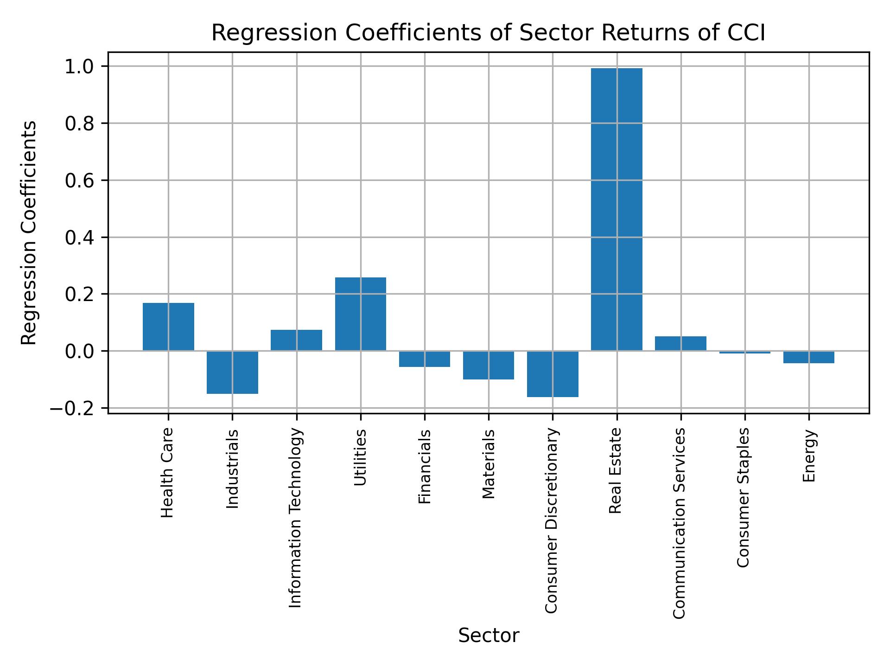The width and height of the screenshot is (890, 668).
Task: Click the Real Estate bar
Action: click(x=617, y=209)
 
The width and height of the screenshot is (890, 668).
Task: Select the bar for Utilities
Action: click(x=360, y=314)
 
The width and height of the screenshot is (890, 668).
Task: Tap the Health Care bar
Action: click(x=168, y=327)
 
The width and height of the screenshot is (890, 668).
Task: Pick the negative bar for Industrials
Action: click(x=232, y=372)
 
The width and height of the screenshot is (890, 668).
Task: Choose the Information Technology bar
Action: click(x=296, y=340)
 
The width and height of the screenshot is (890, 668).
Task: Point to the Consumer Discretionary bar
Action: click(x=553, y=374)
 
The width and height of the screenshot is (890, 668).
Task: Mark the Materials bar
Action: click(x=489, y=365)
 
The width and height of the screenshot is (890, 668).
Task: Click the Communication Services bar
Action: click(x=680, y=343)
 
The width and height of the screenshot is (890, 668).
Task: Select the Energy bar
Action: click(x=809, y=357)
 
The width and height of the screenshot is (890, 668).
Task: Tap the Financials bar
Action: click(x=425, y=359)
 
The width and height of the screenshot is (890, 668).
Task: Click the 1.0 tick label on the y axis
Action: click(x=79, y=67)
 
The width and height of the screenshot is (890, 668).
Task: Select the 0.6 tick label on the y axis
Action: click(x=79, y=180)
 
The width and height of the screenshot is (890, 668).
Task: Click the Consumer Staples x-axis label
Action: click(x=743, y=497)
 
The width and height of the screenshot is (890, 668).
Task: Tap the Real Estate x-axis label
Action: click(x=615, y=471)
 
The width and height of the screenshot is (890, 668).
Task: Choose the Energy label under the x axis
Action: click(x=809, y=456)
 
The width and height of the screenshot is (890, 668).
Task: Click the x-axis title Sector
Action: click(x=489, y=636)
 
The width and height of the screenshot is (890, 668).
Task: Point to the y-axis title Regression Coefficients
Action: click(x=29, y=232)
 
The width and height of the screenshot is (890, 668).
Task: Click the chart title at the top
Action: click(x=489, y=33)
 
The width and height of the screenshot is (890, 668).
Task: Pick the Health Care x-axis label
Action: click(x=167, y=473)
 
